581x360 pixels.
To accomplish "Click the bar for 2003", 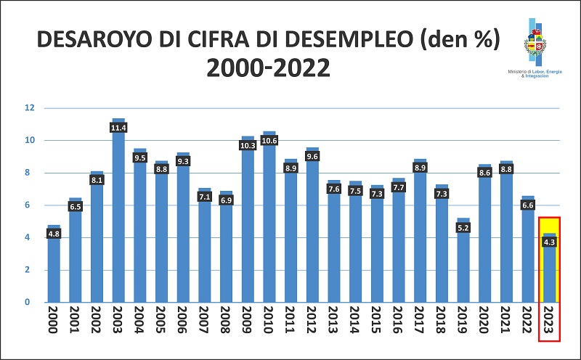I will (x=118, y=218).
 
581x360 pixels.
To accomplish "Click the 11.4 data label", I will (x=118, y=128).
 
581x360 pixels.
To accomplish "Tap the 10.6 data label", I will (x=269, y=140).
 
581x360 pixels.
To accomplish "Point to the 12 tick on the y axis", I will (x=30, y=108).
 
